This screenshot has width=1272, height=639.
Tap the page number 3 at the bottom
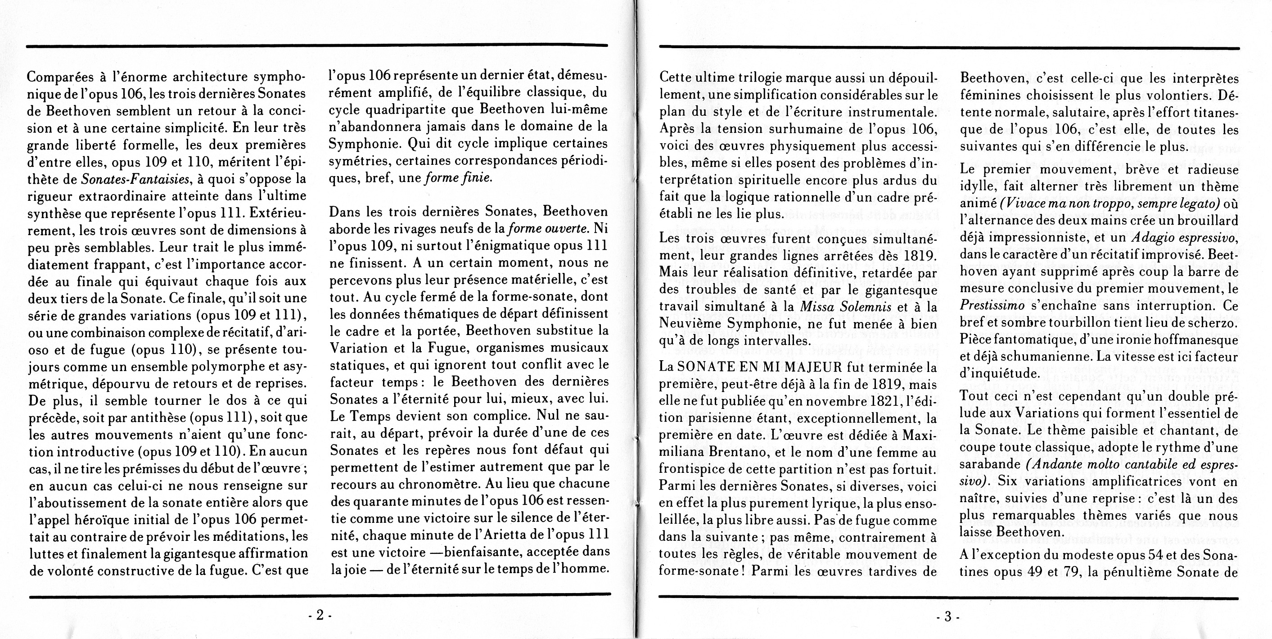[x=947, y=617]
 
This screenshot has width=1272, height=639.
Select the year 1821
[x=870, y=401]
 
